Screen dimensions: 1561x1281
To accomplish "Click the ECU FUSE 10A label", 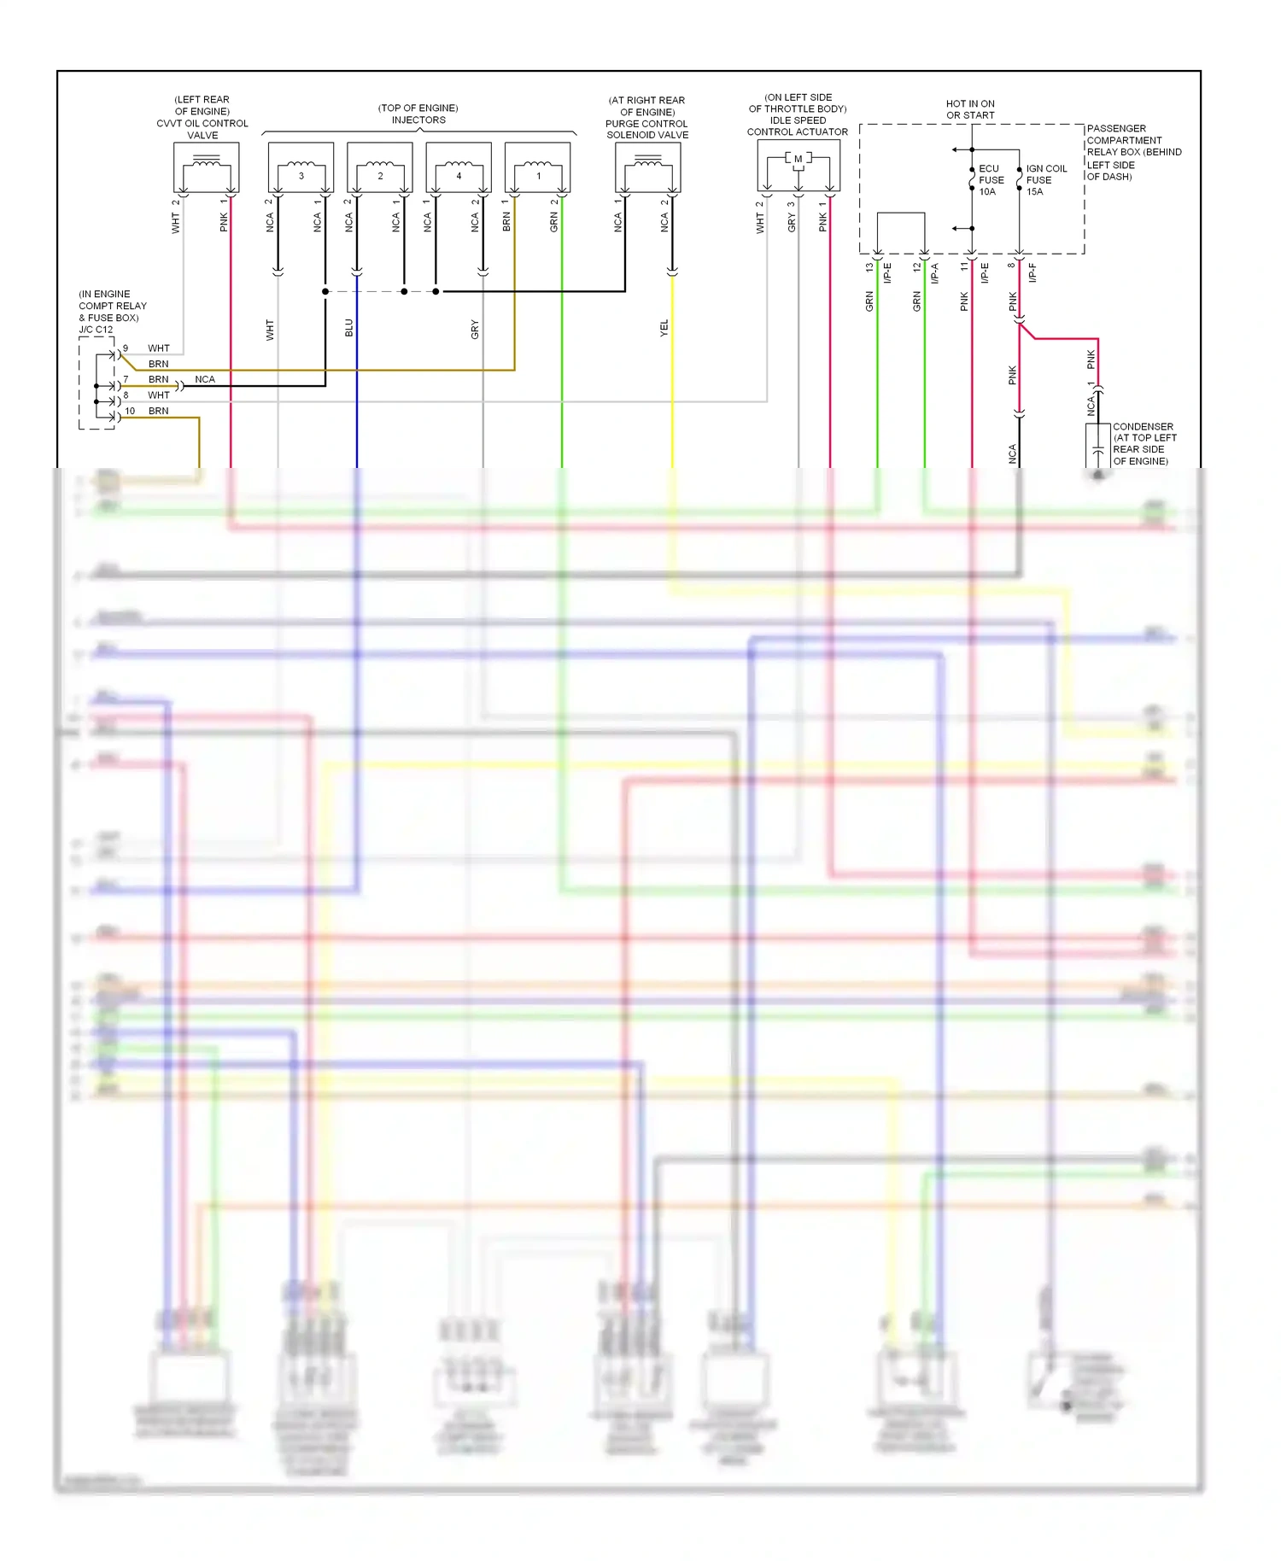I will pos(991,180).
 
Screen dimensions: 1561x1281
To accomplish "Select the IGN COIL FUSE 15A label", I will pos(1045,180).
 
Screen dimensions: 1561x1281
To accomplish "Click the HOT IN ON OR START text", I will pos(970,109).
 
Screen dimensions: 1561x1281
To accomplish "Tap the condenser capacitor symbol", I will pos(1098,449).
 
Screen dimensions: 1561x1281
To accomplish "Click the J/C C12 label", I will pos(96,330).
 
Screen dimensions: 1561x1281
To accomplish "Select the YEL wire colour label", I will pos(664,328).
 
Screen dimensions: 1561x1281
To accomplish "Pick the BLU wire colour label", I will pos(348,328).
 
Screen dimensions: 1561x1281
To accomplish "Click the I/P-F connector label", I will pos(1032,272).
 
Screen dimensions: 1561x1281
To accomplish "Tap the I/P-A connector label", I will pos(935,272).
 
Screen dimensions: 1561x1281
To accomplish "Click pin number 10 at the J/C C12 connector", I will pos(130,411).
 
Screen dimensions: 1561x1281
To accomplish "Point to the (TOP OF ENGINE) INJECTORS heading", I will pos(418,114).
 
